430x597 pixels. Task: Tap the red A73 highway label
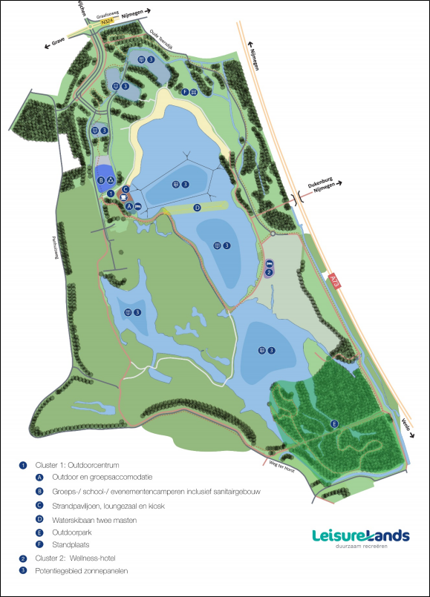tap(335, 280)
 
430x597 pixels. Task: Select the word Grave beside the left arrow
tap(58, 42)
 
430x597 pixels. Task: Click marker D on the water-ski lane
tap(198, 208)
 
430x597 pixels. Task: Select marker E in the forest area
tap(334, 423)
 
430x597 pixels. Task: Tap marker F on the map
tap(185, 92)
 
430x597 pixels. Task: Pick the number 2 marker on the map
tap(269, 272)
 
